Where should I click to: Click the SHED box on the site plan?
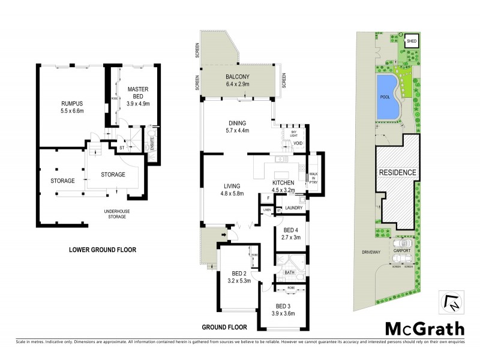tap(412, 41)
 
